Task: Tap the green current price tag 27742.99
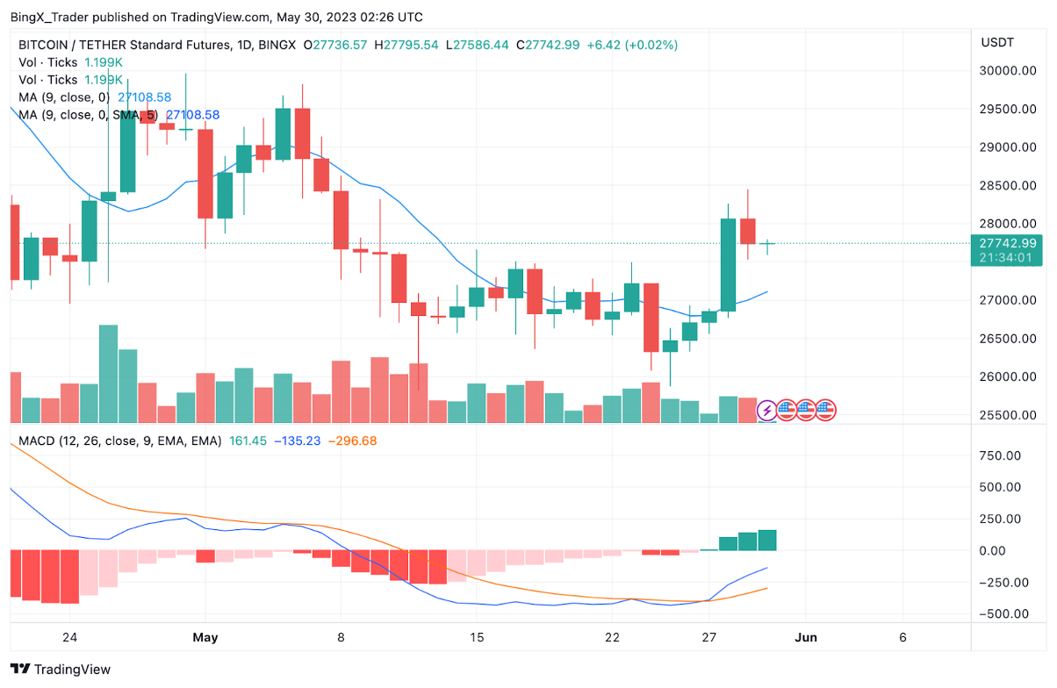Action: (1007, 243)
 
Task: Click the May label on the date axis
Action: (205, 637)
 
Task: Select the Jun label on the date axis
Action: (806, 637)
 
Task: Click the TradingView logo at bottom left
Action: (61, 670)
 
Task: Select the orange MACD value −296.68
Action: (352, 441)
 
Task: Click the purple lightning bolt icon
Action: (766, 410)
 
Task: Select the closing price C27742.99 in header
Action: (548, 45)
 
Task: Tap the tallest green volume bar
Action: (108, 373)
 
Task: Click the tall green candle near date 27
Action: (728, 264)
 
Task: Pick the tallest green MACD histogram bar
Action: (766, 540)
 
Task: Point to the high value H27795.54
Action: (406, 45)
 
